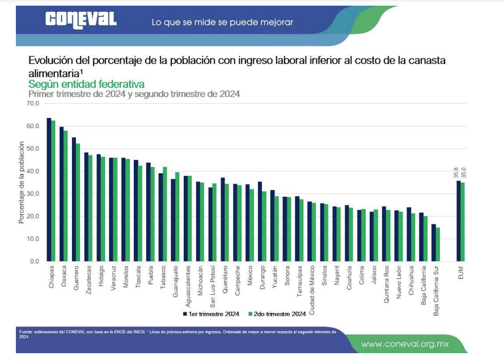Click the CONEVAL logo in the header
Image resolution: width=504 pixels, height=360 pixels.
point(81,20)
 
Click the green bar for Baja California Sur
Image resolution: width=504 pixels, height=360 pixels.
point(438,244)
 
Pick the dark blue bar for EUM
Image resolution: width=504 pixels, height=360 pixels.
point(459,221)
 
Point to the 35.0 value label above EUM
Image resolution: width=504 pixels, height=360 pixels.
point(464,171)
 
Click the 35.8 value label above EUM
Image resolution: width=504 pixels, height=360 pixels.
point(457,171)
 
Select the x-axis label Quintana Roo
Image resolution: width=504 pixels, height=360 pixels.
point(386,285)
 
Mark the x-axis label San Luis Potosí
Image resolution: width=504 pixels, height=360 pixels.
point(212,286)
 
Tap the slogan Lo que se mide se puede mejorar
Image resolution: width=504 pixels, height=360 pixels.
point(222,22)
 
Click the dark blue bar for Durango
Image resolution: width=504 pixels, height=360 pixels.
point(260,221)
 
